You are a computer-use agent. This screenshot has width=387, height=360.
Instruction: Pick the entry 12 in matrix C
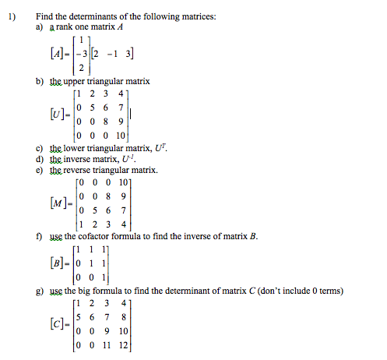click(x=122, y=349)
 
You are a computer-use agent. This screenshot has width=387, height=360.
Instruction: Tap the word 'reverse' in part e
click(x=81, y=170)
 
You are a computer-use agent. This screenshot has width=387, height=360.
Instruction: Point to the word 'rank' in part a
click(x=69, y=27)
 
